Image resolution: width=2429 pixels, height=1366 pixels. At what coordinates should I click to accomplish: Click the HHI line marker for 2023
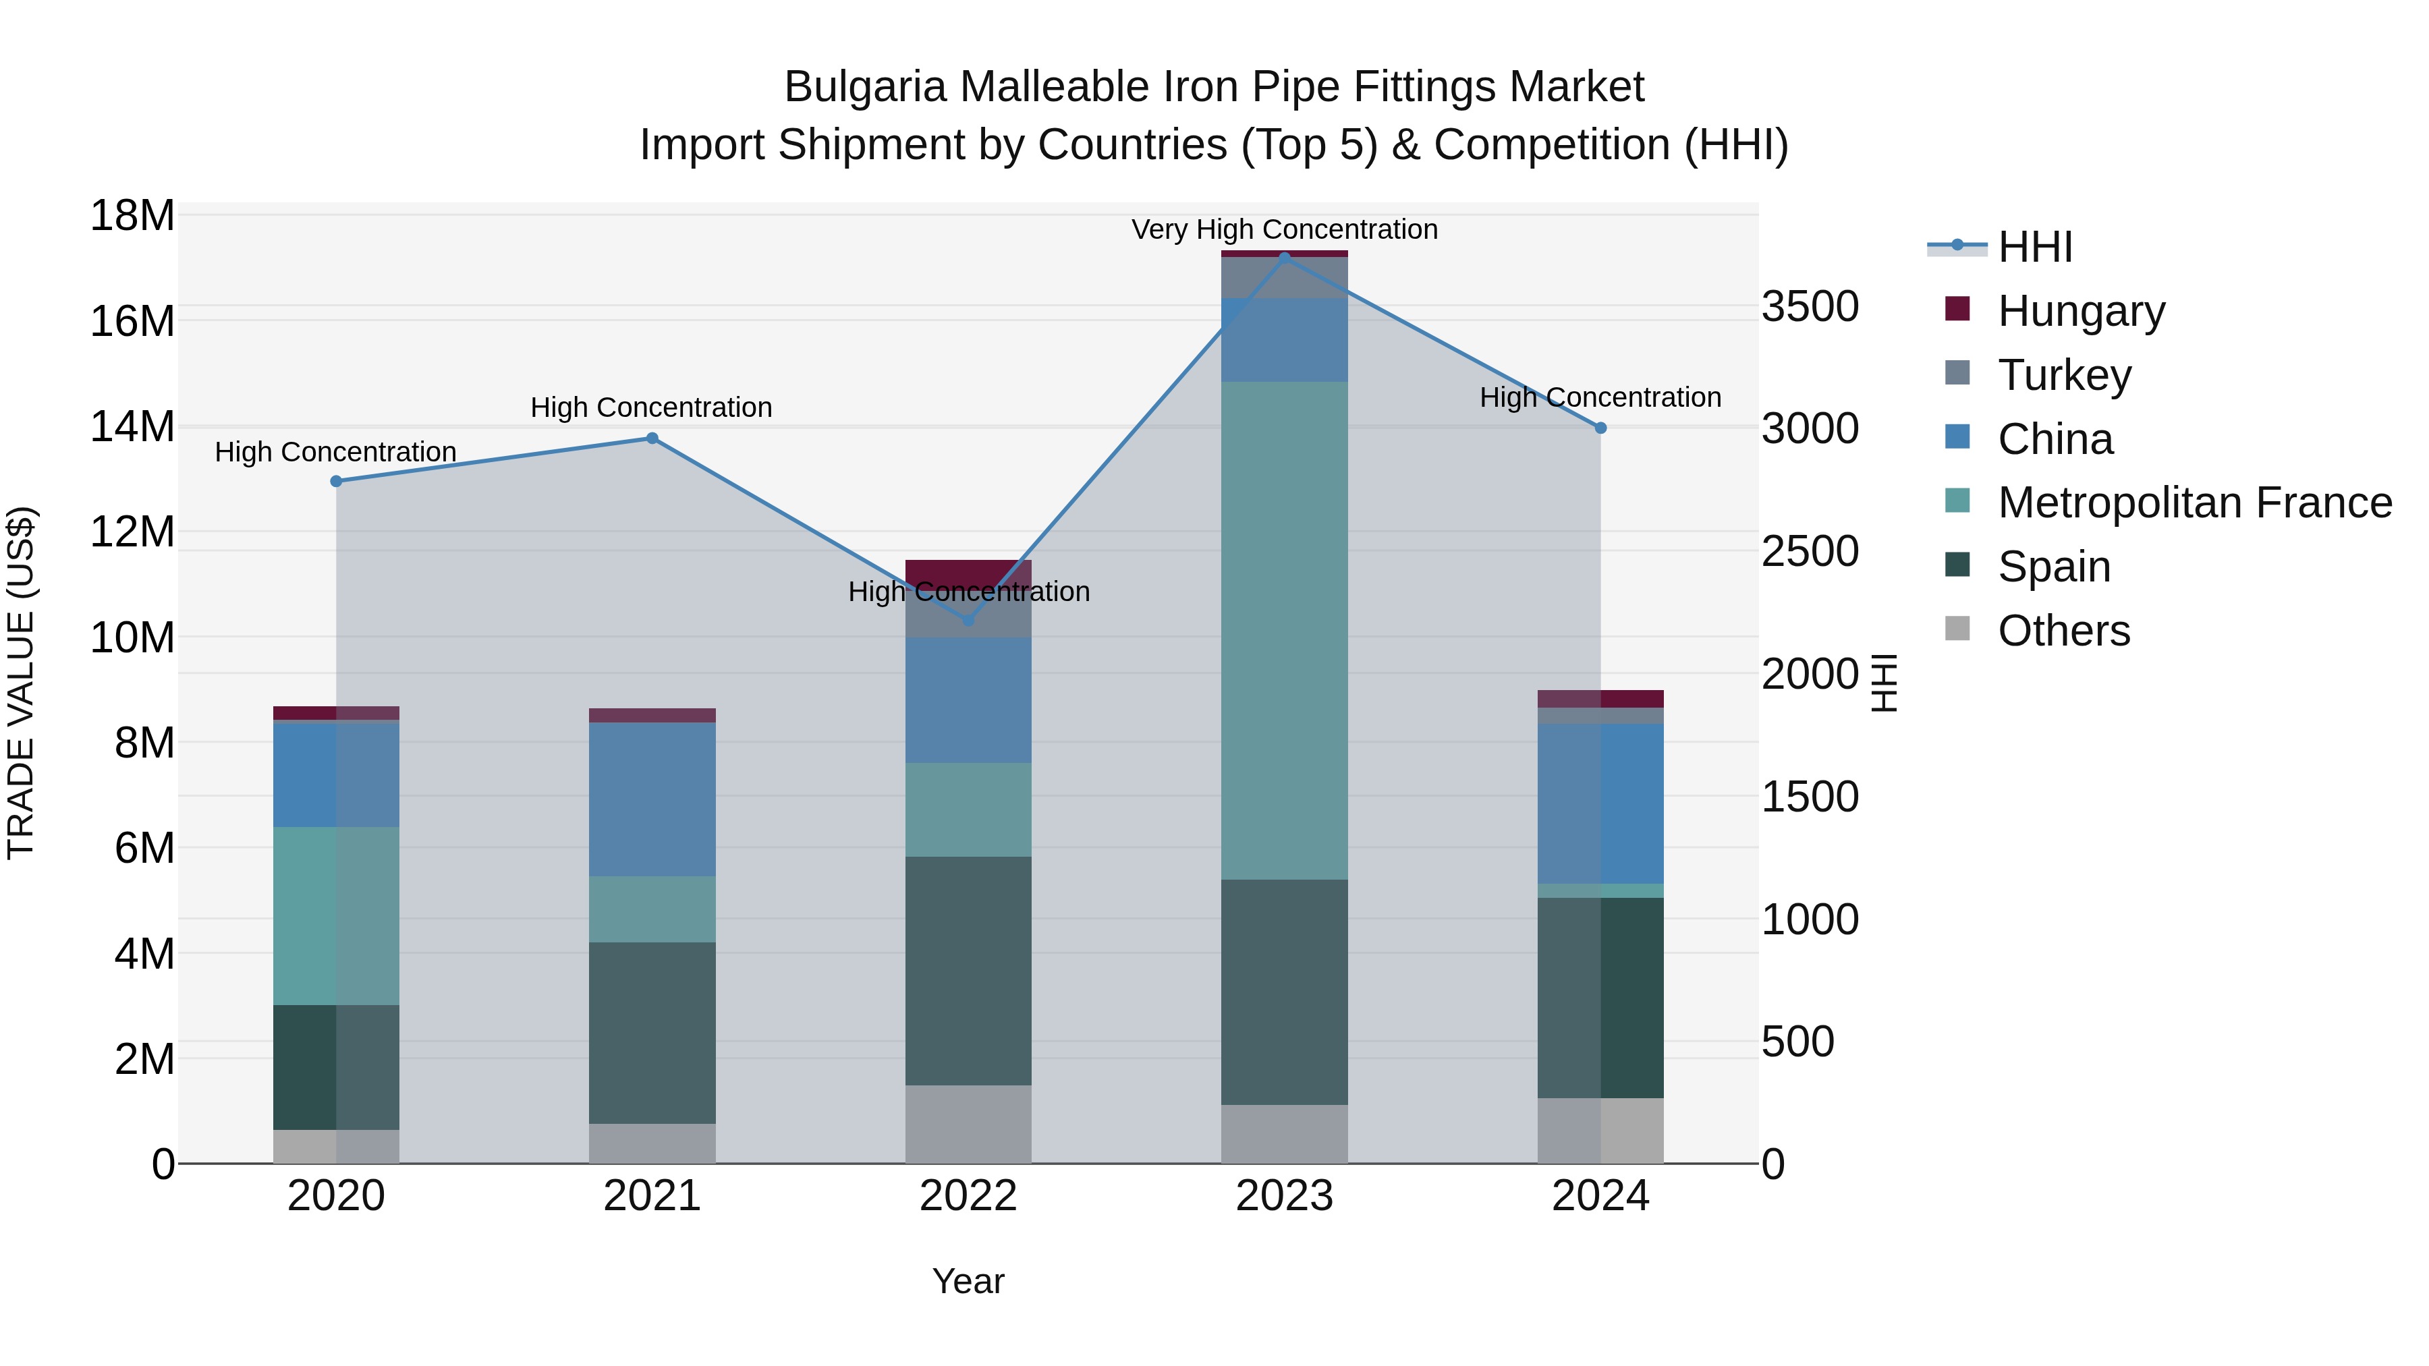(1284, 258)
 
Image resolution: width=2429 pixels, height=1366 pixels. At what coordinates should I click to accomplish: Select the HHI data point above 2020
(337, 481)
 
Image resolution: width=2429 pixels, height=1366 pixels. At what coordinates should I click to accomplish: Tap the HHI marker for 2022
(968, 621)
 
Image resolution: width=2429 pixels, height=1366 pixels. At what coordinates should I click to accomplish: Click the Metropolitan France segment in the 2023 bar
(1284, 631)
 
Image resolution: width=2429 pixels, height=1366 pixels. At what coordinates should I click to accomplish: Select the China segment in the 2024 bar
(1600, 803)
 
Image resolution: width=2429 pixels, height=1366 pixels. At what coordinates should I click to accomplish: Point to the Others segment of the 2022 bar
(968, 1124)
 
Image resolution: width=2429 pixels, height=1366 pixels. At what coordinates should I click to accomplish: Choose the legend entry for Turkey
(2063, 375)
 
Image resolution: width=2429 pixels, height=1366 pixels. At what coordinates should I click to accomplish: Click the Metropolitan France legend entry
(2194, 503)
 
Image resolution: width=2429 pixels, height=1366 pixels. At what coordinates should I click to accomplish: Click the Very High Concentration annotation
(1284, 229)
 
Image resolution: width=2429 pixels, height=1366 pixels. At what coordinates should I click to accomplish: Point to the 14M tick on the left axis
(132, 427)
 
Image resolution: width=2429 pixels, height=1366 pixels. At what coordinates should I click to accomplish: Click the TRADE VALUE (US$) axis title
(22, 683)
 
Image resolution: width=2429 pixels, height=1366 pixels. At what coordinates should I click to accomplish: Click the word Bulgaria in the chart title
(865, 87)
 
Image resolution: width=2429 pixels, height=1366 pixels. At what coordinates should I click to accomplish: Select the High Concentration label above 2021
(652, 407)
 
